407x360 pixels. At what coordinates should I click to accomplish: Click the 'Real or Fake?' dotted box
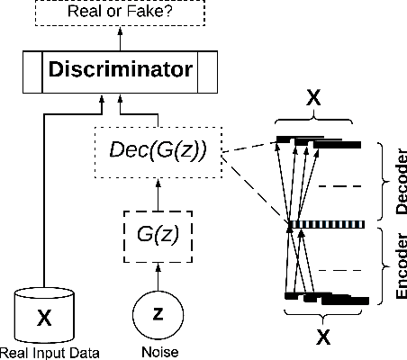point(121,12)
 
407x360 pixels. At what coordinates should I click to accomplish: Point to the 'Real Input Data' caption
point(49,352)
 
